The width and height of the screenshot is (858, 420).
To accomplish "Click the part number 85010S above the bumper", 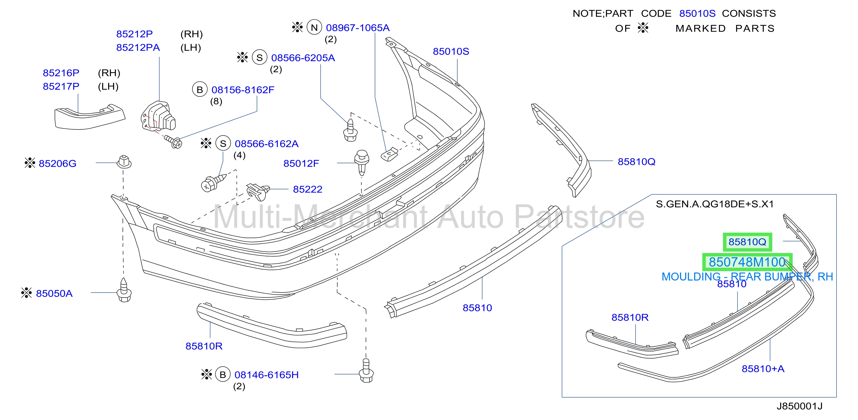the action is (x=451, y=52).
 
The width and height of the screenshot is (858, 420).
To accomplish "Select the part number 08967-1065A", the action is (x=357, y=28).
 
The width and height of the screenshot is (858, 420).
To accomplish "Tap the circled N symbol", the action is (x=314, y=27).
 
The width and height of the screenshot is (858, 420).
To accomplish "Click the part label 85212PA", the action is (x=138, y=48).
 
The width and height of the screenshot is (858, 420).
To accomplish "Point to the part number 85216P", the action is (x=61, y=73).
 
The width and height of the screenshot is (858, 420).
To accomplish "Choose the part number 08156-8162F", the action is (x=243, y=90).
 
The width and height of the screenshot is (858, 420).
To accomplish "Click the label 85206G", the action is (x=57, y=164).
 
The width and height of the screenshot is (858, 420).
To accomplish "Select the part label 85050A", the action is (x=54, y=293).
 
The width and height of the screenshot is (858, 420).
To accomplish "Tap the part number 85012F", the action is (x=301, y=164).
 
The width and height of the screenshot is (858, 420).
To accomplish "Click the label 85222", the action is (x=307, y=190).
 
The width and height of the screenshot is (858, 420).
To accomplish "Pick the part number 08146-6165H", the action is (x=267, y=375).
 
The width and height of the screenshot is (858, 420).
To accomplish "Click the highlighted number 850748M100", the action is (x=747, y=262).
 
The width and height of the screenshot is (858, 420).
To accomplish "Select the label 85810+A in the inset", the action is (x=763, y=369).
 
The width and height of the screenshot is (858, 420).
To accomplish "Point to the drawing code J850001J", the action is (x=799, y=406).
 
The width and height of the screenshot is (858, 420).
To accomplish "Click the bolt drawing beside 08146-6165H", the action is (x=366, y=371).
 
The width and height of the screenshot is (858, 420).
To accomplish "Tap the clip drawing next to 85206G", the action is (x=124, y=162).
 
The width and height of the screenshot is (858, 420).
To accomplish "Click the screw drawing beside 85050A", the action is (x=124, y=290).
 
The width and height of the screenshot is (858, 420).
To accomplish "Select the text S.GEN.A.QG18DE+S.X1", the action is (x=715, y=204).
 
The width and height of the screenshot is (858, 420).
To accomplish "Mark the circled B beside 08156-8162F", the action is (x=200, y=90).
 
